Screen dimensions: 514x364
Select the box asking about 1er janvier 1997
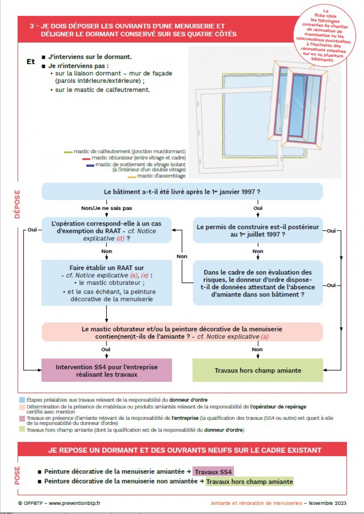(x=182, y=191)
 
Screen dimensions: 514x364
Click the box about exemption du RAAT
(x=107, y=231)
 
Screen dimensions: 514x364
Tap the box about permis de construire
(x=258, y=231)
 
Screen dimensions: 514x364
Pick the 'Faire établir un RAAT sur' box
(x=107, y=282)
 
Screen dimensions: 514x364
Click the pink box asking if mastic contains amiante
(x=182, y=332)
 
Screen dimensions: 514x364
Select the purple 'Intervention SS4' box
(x=107, y=370)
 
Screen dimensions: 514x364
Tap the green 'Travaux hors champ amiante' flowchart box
(x=258, y=370)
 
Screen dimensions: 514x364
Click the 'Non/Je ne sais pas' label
(x=106, y=208)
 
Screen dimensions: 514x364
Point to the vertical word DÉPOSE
(x=17, y=205)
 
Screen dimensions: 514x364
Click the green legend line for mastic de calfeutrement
(x=68, y=151)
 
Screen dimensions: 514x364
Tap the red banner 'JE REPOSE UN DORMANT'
(x=182, y=450)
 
